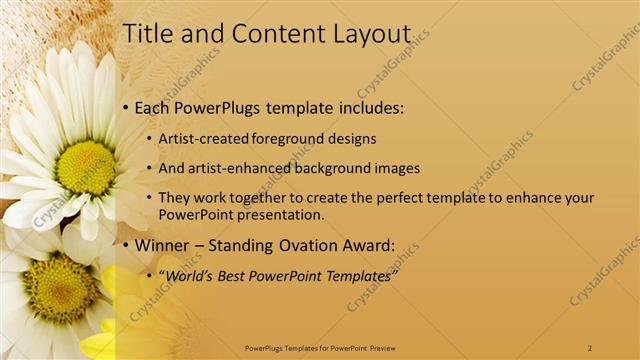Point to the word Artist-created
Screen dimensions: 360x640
click(205, 138)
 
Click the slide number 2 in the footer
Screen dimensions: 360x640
click(590, 347)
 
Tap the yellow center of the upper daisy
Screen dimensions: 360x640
click(86, 167)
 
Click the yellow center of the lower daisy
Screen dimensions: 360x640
click(60, 288)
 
